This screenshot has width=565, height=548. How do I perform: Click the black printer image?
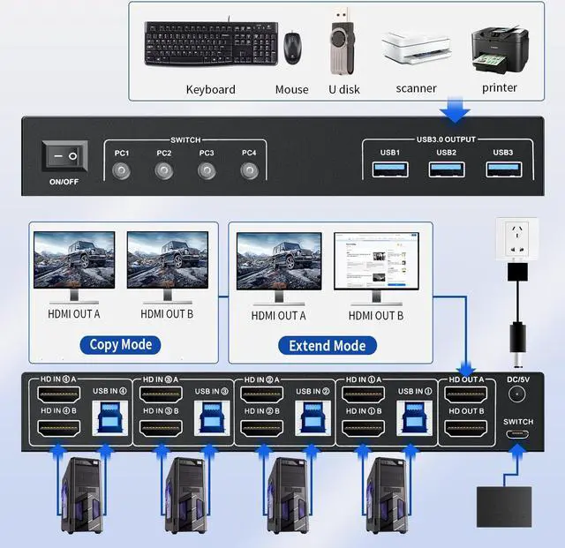click(500, 49)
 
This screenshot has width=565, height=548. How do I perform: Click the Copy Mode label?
click(121, 344)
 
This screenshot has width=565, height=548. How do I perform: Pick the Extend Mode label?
click(328, 345)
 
